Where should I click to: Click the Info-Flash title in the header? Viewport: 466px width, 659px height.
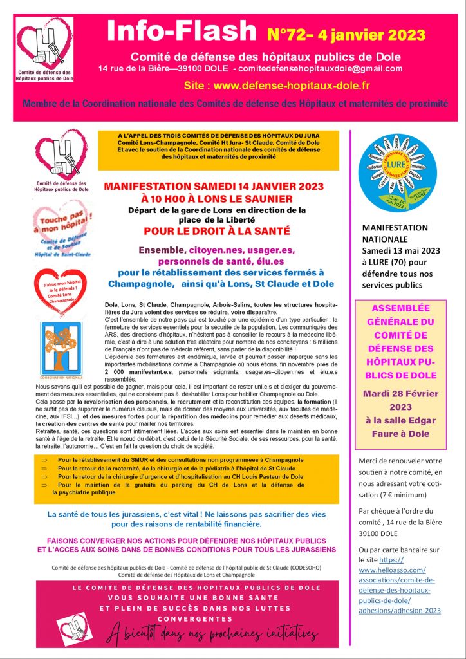coord(183,30)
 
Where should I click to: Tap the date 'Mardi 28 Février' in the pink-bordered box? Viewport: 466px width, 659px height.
coord(400,394)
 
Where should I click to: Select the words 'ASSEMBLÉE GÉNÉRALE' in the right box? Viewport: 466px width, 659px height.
coord(400,315)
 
